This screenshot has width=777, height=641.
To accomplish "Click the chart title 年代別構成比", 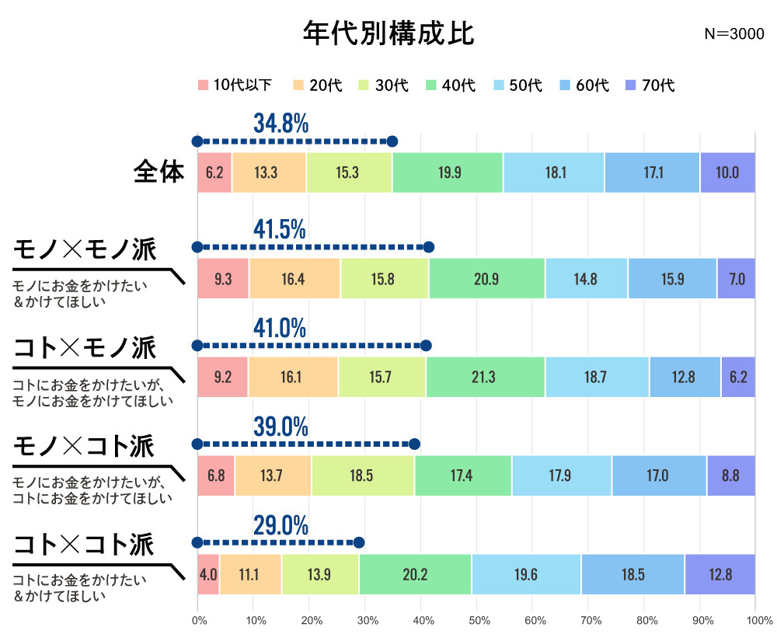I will (x=388, y=33).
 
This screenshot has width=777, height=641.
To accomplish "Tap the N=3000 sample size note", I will (x=733, y=34).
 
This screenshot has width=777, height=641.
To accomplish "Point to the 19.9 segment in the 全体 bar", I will (x=448, y=172).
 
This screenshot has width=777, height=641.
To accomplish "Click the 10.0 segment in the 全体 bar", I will (x=727, y=172).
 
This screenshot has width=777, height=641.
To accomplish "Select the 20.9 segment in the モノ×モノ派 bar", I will (x=486, y=279).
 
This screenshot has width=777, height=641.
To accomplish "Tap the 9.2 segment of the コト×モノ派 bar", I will (x=222, y=378).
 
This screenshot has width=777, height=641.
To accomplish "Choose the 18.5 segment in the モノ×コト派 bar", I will (x=363, y=476).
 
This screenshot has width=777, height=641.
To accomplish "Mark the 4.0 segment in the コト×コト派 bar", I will (x=208, y=574).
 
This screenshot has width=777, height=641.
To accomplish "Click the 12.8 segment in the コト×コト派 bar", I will (x=720, y=574).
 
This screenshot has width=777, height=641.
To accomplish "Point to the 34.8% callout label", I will (x=280, y=123).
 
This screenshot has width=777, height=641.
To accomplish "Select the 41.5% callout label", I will (x=280, y=229).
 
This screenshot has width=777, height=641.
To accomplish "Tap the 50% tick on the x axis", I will (x=479, y=621).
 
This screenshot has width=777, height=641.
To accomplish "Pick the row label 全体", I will (x=159, y=171).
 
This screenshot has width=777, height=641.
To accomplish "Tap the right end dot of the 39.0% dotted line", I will (x=415, y=444).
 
